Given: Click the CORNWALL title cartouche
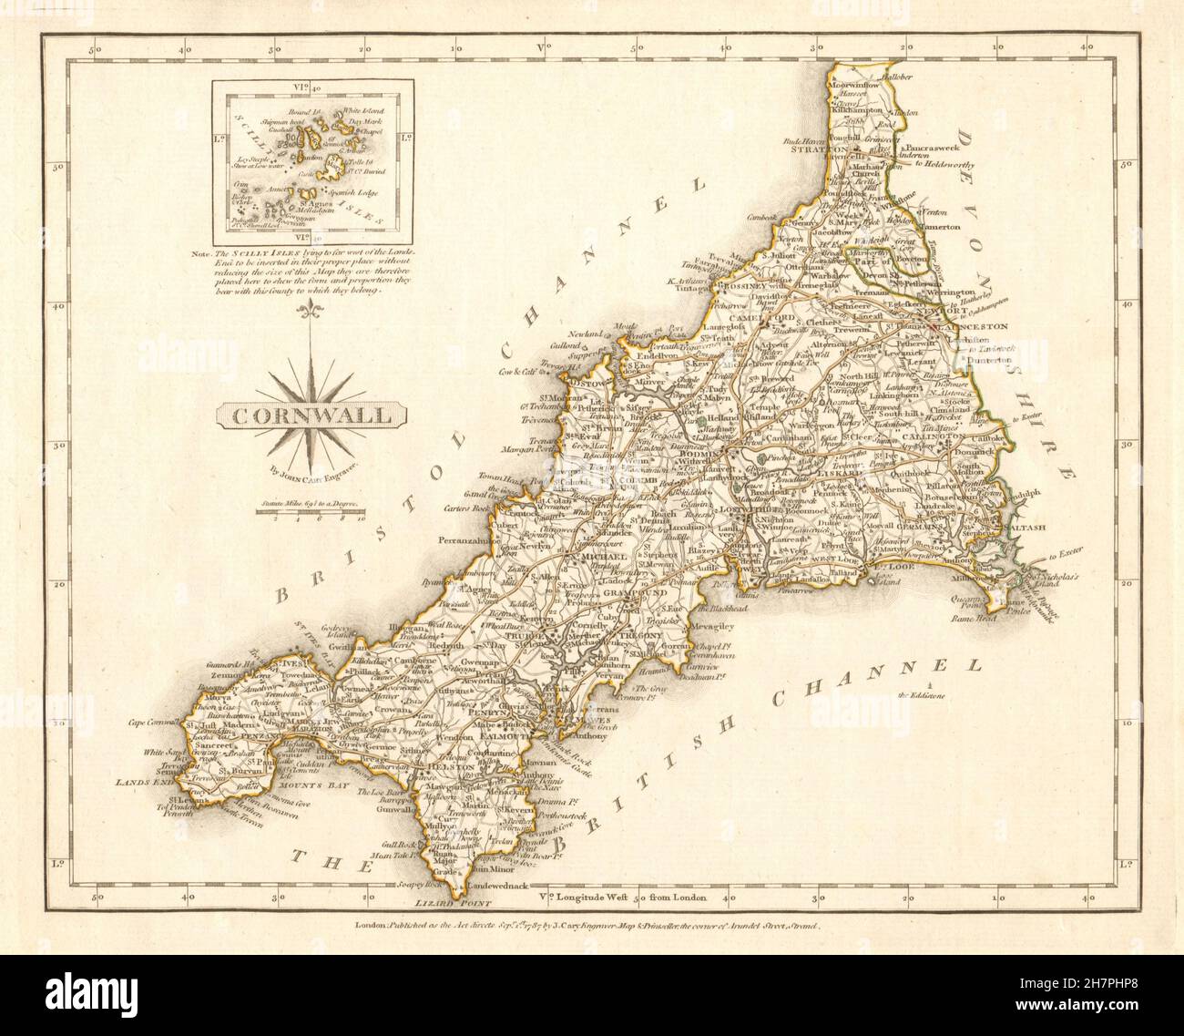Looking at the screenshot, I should [x=311, y=415].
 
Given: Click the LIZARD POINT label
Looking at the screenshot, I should [x=454, y=904].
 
